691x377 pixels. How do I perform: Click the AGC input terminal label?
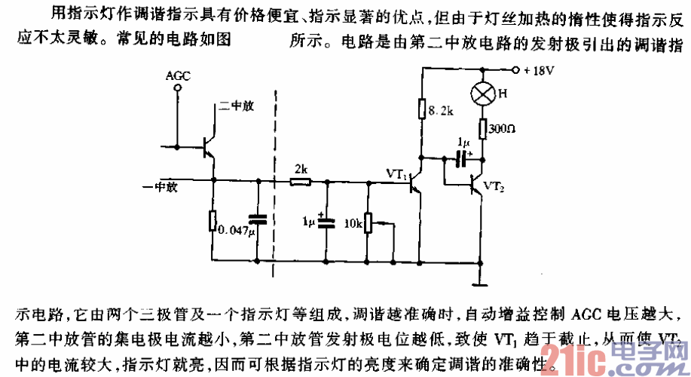click(x=178, y=76)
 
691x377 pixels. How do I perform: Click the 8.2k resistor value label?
click(x=441, y=110)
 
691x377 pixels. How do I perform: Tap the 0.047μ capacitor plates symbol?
click(x=258, y=219)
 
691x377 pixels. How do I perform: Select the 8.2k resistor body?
click(x=422, y=110)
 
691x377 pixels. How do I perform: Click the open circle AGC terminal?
click(x=178, y=88)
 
